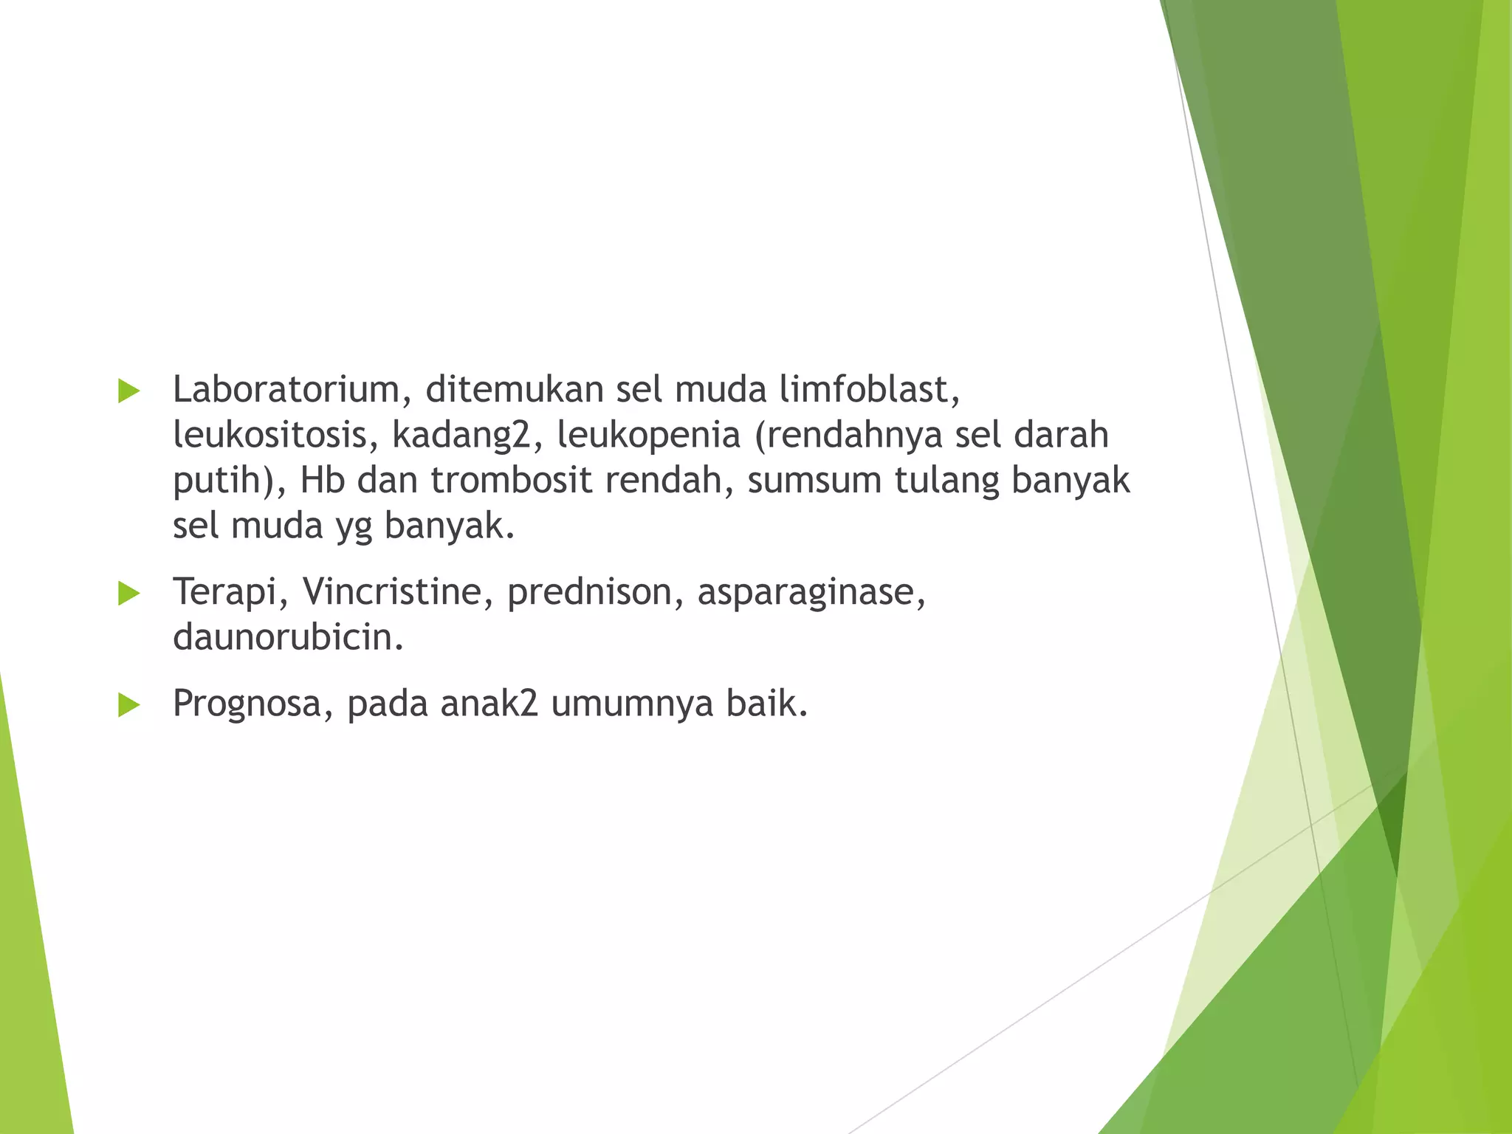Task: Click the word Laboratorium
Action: click(286, 390)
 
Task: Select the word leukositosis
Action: click(269, 435)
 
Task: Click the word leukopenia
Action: click(648, 436)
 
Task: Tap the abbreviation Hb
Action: click(322, 480)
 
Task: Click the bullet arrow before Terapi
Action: click(128, 594)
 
